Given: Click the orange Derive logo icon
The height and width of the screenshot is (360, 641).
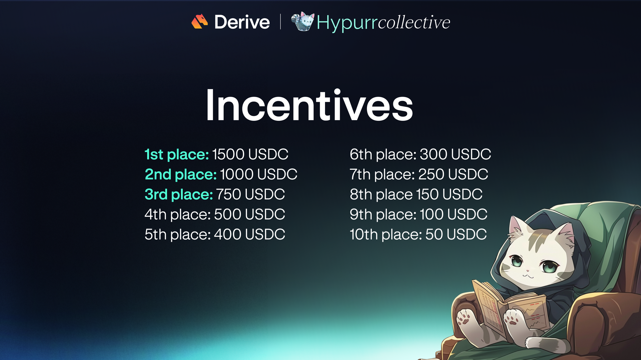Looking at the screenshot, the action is click(x=200, y=21).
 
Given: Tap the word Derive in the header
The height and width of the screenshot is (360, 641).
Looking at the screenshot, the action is click(x=242, y=22).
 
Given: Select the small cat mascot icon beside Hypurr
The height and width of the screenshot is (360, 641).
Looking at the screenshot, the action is click(x=303, y=21).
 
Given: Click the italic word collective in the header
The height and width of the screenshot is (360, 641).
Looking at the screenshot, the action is click(x=414, y=22).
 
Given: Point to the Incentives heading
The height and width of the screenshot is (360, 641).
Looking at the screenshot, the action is click(x=309, y=105).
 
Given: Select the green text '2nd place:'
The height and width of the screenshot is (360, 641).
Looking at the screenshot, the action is click(x=181, y=175).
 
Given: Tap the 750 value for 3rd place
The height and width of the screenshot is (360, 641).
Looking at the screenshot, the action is click(x=229, y=194).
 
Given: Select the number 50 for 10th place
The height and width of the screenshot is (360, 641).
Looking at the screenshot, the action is click(x=434, y=234).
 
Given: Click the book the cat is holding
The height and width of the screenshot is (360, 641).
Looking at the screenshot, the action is click(x=510, y=307).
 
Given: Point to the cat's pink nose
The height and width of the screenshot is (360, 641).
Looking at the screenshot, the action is click(x=528, y=271).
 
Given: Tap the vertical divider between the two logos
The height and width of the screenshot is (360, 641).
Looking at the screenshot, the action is click(x=280, y=21).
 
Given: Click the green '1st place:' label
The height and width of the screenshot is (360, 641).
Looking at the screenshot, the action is click(x=177, y=154).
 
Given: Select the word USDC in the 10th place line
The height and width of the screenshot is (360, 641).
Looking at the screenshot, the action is click(x=467, y=234).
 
